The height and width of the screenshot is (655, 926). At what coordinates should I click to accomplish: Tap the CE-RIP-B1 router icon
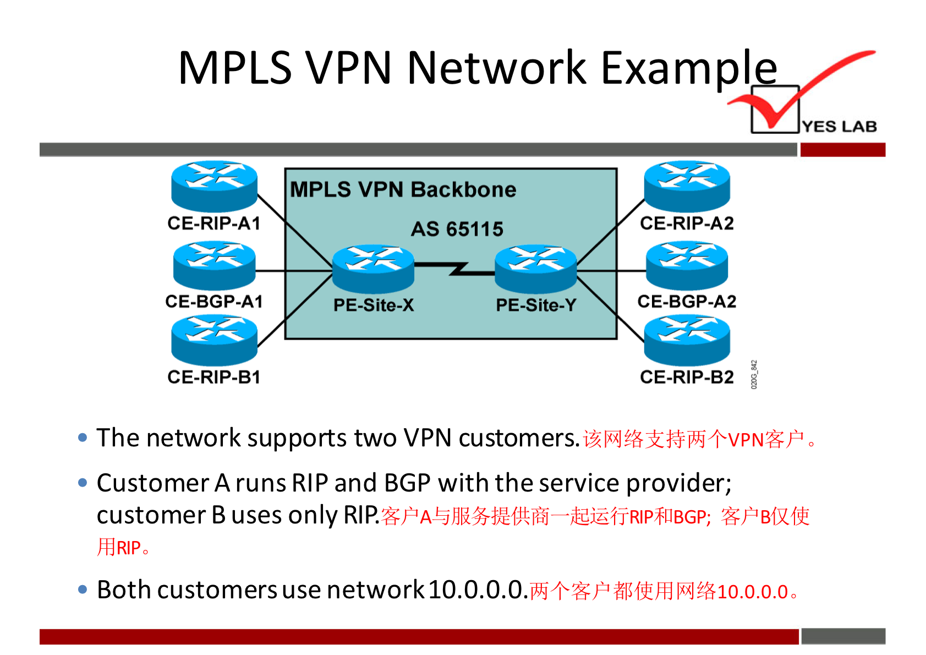tap(214, 340)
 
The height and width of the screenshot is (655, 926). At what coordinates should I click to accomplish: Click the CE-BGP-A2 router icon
tap(687, 265)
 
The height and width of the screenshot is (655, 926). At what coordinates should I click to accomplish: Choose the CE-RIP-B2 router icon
tap(687, 340)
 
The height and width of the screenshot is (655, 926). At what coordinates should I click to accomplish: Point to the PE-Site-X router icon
tap(374, 268)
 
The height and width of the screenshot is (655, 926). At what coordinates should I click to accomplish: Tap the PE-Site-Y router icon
tap(536, 268)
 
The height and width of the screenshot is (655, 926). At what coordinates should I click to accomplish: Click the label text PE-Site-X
tap(374, 305)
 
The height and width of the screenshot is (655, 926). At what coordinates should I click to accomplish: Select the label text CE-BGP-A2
tap(687, 302)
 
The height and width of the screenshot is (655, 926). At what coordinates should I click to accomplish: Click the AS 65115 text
tap(457, 229)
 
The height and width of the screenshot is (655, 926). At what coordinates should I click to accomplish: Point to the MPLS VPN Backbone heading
tap(403, 190)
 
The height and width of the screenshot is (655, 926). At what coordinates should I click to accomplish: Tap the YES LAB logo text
tap(840, 127)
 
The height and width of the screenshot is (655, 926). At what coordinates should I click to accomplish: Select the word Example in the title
tap(689, 68)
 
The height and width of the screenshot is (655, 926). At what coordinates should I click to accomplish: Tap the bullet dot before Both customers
tap(83, 590)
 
